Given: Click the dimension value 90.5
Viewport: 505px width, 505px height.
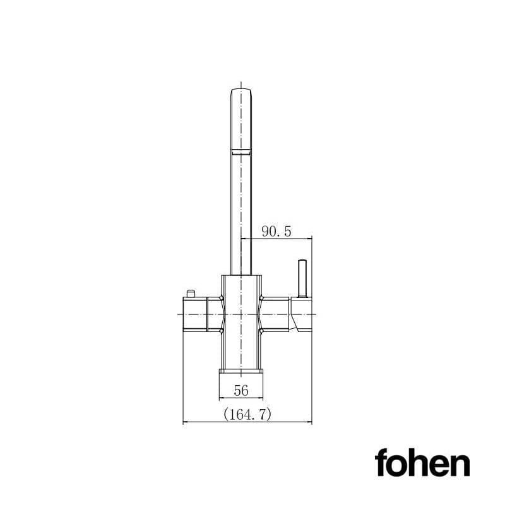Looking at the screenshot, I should click(x=276, y=232).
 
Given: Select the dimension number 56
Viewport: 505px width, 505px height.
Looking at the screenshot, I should click(x=241, y=391).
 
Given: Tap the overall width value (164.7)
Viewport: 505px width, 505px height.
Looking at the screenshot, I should click(x=247, y=414).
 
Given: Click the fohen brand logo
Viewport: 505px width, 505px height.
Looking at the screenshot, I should click(x=422, y=463).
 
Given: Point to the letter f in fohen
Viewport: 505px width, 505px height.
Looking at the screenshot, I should click(x=381, y=463).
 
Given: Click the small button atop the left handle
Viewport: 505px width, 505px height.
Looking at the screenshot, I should click(x=190, y=293).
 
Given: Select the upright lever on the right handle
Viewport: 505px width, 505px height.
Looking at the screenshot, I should click(x=302, y=278).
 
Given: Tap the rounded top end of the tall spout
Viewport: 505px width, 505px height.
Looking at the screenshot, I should click(x=241, y=92).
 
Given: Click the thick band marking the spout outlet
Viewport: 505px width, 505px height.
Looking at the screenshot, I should click(x=241, y=150).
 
